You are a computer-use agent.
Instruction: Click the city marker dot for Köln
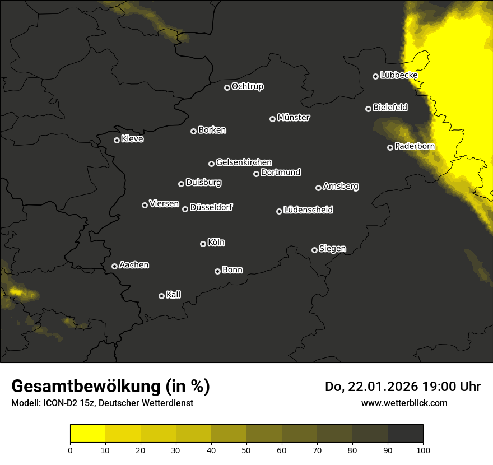[x=203, y=244]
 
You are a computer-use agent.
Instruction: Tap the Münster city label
[x=293, y=118]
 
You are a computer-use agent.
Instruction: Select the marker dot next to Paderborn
[x=390, y=147]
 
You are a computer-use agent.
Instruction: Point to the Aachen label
[x=134, y=265]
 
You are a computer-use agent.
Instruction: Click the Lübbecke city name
[x=398, y=75]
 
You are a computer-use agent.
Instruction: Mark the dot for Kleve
[x=117, y=140]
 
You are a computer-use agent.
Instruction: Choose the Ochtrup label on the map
[x=247, y=86]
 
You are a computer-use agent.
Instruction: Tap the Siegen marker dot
[x=314, y=250]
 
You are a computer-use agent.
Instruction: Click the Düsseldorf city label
[x=211, y=207]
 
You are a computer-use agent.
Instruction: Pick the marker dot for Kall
[x=161, y=296]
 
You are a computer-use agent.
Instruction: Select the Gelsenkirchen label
[x=244, y=162]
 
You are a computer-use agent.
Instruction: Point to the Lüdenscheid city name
[x=308, y=210]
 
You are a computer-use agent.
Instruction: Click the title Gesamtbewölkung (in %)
[x=110, y=387]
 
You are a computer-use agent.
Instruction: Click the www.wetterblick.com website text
[x=404, y=403]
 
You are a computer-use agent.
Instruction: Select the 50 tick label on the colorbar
[x=246, y=449]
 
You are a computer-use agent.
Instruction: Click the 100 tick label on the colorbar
[x=423, y=449]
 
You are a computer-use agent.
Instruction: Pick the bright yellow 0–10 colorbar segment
[x=87, y=433]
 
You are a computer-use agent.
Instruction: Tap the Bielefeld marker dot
[x=368, y=109]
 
